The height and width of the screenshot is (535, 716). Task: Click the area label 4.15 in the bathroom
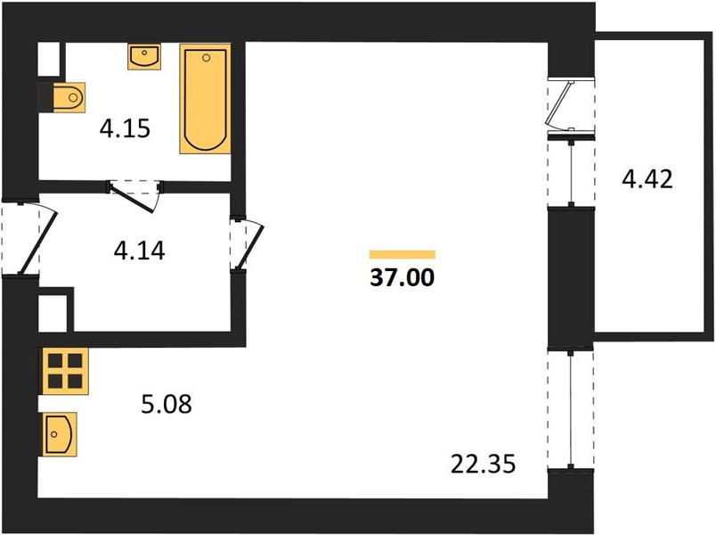point(125,128)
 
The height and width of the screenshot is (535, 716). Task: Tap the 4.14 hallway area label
point(139,251)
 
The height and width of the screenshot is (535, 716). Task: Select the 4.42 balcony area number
point(647,179)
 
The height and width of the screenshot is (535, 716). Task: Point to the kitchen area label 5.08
point(167,404)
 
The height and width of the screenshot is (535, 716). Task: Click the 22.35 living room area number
point(483,465)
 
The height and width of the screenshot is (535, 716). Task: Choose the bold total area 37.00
point(403,277)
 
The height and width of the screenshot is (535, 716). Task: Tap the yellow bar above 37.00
point(403,254)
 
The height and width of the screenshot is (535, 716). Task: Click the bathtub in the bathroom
point(205,99)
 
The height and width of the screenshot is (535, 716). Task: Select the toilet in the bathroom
point(69,97)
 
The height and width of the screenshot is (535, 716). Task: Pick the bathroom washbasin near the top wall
point(144,57)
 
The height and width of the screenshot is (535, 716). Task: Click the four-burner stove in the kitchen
point(65,371)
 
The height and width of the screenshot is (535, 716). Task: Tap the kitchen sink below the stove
point(60,434)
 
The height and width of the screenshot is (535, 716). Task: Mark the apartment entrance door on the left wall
point(28,238)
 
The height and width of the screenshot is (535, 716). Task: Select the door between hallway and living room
point(247,244)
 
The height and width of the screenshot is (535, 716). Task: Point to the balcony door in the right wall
point(571,104)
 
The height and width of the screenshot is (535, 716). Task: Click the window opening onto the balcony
point(571,172)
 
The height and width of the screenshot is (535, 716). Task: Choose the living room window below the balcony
point(570,409)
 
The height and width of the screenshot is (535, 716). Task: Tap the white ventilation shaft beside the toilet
point(48,59)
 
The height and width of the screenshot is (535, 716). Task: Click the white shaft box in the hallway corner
point(53,313)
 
